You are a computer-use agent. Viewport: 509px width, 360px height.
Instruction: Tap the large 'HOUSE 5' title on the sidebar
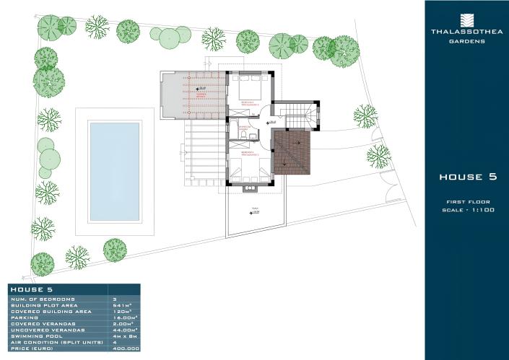[x=467, y=177]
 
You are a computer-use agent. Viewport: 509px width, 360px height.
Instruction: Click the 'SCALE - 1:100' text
[x=467, y=209]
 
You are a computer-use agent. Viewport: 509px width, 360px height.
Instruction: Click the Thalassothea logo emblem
[x=466, y=19]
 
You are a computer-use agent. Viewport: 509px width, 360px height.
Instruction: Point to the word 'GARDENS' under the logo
[x=466, y=41]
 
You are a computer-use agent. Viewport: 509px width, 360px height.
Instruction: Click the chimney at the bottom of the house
[x=251, y=189]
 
